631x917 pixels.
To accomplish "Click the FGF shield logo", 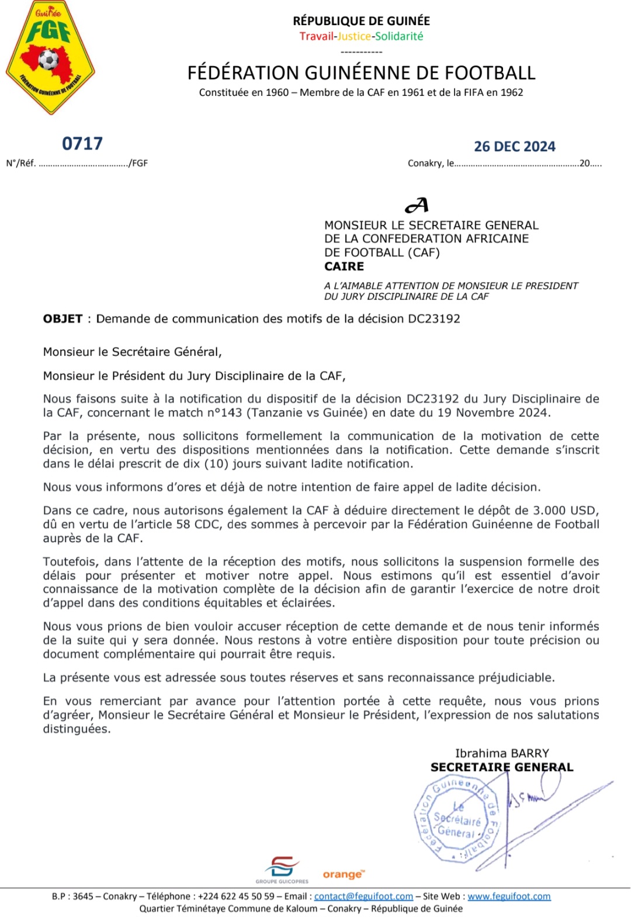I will [50, 57].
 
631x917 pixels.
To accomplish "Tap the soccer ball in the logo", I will [48, 60].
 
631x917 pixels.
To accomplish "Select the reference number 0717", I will [82, 144].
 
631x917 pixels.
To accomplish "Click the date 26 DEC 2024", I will [514, 147].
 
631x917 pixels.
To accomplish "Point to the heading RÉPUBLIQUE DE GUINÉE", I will [361, 21].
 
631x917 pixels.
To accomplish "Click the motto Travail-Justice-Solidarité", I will [361, 36].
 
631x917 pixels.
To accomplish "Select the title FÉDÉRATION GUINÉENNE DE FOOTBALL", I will [361, 73].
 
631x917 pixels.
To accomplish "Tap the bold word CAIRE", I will [344, 266].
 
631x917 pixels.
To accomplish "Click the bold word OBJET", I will [63, 319].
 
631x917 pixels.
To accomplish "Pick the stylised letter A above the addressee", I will [417, 206].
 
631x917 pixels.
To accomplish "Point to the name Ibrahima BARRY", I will [502, 753].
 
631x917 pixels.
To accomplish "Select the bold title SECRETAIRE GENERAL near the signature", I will [502, 767].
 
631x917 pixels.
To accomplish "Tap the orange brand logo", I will [344, 874].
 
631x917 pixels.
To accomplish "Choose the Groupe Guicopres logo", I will [282, 869].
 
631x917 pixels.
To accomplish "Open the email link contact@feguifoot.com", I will [363, 897].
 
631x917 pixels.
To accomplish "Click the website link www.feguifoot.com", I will [509, 897].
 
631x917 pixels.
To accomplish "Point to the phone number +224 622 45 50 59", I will [236, 897].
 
